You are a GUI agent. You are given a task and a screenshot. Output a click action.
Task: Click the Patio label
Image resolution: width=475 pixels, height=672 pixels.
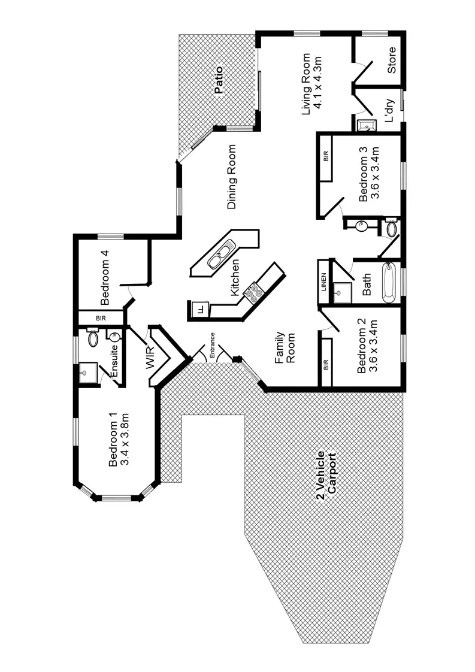tap(219, 80)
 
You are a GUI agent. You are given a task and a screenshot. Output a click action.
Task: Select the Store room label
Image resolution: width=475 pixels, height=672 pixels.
tap(391, 60)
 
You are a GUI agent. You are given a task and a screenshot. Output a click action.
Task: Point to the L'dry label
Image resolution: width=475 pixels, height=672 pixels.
tap(389, 111)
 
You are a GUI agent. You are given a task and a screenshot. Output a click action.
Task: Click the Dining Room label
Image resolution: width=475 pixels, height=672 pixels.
tap(231, 177)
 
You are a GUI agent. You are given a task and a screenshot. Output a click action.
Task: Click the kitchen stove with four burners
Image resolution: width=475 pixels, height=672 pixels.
tap(253, 293)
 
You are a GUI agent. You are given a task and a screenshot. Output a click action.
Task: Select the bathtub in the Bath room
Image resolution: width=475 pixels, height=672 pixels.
tap(388, 283)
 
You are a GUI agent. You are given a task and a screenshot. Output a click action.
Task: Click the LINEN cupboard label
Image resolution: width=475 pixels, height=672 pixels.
tap(323, 282)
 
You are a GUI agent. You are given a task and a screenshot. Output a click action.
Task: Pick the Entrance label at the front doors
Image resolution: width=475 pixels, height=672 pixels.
tap(212, 345)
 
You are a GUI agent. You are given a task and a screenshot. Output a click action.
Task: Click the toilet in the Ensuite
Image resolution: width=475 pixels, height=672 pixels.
tap(93, 338)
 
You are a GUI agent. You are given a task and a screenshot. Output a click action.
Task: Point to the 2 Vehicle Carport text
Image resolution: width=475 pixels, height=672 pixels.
tap(326, 476)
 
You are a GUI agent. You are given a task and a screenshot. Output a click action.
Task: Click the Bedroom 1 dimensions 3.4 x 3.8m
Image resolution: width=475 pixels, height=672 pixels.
tap(125, 440)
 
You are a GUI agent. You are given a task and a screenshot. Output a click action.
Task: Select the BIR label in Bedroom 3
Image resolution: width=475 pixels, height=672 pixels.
tap(326, 156)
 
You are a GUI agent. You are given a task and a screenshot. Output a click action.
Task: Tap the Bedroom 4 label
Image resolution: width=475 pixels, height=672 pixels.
tap(105, 278)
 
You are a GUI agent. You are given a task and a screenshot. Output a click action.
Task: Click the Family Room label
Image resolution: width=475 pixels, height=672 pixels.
tap(285, 347)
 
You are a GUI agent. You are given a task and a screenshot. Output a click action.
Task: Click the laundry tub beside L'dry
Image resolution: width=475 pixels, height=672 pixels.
tap(367, 125)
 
